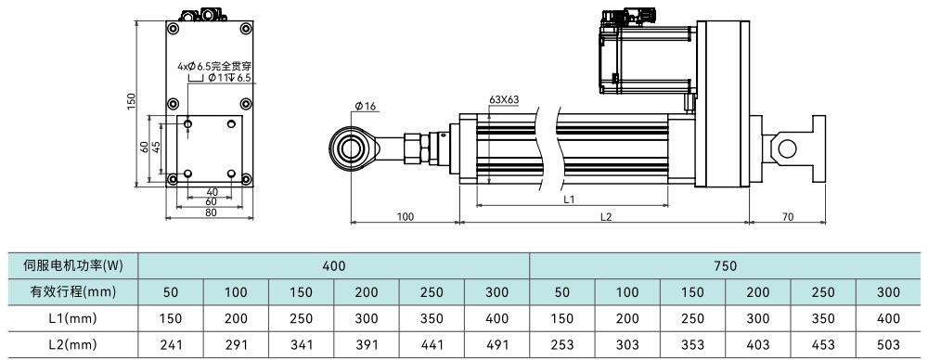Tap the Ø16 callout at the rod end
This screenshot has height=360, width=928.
tap(366, 106)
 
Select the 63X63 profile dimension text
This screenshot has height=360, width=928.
tap(504, 99)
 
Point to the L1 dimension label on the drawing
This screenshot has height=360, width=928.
tap(570, 199)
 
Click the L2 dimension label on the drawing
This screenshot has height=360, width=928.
tap(605, 217)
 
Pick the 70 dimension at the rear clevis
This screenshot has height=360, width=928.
tap(787, 217)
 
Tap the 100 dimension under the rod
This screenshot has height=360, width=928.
tap(405, 217)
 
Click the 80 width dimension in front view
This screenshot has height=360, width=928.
tap(210, 212)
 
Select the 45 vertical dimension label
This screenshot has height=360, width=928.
tap(156, 148)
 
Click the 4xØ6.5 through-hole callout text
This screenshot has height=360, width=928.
tap(214, 67)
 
